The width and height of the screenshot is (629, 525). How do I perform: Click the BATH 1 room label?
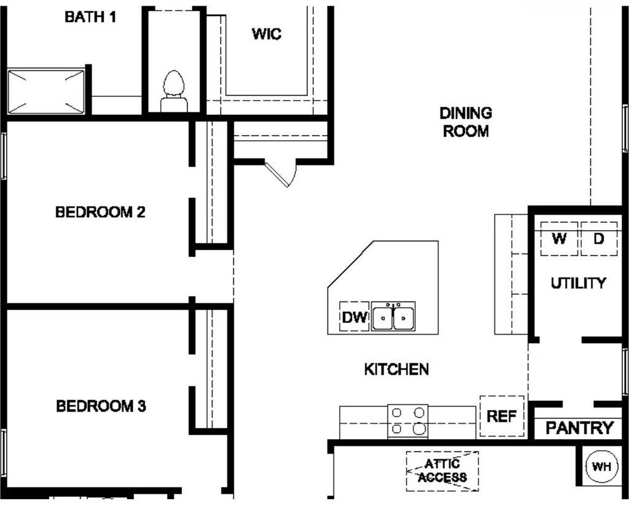pyautogui.click(x=91, y=17)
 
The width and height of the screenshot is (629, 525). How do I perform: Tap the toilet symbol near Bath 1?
pyautogui.click(x=174, y=91)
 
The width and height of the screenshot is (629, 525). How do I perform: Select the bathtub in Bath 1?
pyautogui.click(x=46, y=91)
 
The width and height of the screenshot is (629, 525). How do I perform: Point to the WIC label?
pyautogui.click(x=267, y=34)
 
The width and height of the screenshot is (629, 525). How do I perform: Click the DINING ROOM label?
pyautogui.click(x=466, y=122)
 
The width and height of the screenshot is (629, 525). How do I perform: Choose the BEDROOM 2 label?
pyautogui.click(x=100, y=212)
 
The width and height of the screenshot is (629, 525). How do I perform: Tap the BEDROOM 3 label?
pyautogui.click(x=101, y=406)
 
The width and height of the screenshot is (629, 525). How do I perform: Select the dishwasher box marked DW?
pyautogui.click(x=354, y=317)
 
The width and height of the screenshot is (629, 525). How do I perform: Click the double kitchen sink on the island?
pyautogui.click(x=393, y=317)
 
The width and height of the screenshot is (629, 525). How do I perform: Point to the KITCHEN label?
pyautogui.click(x=396, y=369)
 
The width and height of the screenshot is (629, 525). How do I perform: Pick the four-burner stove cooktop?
pyautogui.click(x=408, y=421)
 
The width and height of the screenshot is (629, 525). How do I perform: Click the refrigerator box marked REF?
pyautogui.click(x=502, y=416)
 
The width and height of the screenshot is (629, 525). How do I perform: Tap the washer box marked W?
pyautogui.click(x=559, y=239)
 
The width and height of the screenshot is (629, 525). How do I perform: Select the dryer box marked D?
pyautogui.click(x=599, y=239)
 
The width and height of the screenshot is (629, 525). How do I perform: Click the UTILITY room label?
pyautogui.click(x=578, y=283)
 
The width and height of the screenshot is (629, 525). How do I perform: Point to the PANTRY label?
pyautogui.click(x=580, y=428)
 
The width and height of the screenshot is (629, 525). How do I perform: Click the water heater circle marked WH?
pyautogui.click(x=601, y=467)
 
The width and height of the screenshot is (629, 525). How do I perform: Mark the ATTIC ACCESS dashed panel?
pyautogui.click(x=442, y=471)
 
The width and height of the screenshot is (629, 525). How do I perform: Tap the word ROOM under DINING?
pyautogui.click(x=466, y=131)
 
